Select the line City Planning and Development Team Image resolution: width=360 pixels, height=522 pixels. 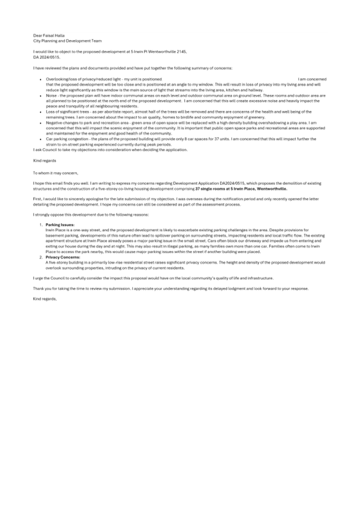pos(68,41)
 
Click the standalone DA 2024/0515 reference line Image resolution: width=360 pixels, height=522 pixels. pos(46,57)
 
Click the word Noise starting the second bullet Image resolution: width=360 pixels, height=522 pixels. pos(51,96)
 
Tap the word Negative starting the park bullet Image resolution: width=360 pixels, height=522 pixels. pos(54,122)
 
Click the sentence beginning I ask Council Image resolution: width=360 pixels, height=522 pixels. pos(110,150)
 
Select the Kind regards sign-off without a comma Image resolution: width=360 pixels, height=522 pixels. pos(45,160)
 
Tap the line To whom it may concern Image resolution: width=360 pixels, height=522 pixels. pos(55,173)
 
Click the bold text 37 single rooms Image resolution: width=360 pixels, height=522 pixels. pos(210,189)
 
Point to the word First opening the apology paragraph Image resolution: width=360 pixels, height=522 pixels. pos(37,199)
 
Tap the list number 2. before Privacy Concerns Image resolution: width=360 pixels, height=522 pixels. pos(41,258)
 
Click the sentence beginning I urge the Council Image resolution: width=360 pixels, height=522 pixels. pos(153,278)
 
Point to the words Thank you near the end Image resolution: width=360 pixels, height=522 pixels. pos(41,289)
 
